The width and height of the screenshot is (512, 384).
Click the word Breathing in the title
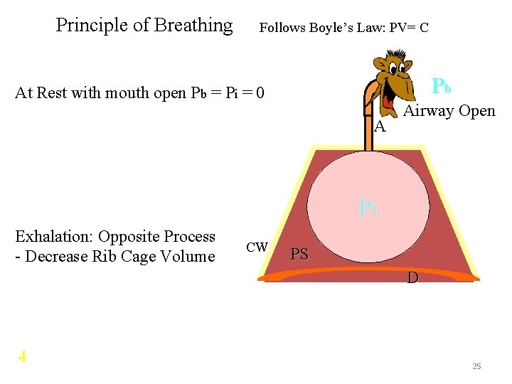(x=193, y=26)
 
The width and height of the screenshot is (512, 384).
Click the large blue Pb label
(x=442, y=86)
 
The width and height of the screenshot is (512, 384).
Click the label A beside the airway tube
(x=380, y=127)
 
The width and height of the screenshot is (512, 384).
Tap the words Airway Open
(x=449, y=111)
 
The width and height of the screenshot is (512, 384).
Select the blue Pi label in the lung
(x=368, y=208)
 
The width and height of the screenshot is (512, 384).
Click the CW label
(x=257, y=247)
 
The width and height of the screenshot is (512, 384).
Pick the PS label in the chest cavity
(x=300, y=255)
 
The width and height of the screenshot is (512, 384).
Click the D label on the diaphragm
(x=412, y=278)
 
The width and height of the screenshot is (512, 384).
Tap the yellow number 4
(x=22, y=356)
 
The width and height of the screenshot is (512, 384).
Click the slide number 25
(x=476, y=366)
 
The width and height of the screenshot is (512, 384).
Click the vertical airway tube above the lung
(x=368, y=128)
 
